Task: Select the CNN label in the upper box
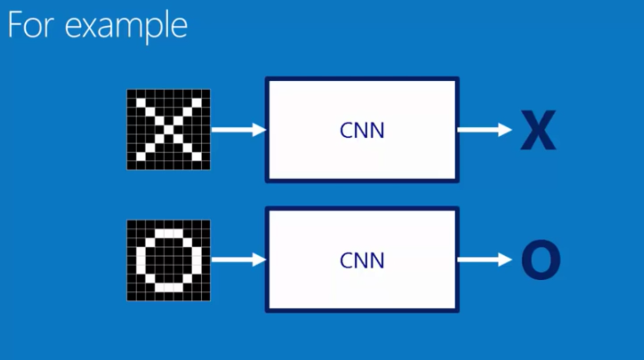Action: (362, 130)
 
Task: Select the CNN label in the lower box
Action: (362, 260)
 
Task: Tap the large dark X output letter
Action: (538, 130)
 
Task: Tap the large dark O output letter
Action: (541, 261)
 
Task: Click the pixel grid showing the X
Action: (168, 129)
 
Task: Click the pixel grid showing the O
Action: (168, 260)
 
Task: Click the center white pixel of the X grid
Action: (168, 129)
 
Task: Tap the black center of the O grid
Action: (168, 260)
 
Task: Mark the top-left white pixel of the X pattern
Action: (141, 103)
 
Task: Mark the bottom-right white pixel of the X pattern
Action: (196, 157)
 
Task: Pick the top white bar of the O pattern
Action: (168, 233)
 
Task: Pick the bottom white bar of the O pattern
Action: (168, 287)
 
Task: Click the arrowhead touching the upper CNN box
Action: (259, 130)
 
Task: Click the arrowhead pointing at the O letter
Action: (505, 260)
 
